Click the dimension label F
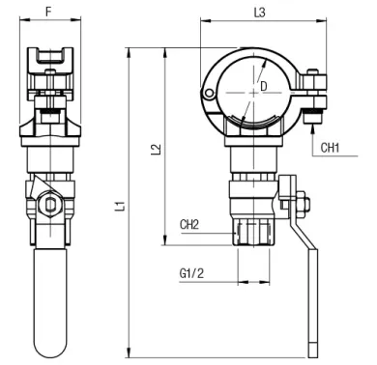pyautogui.click(x=48, y=12)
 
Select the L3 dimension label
pyautogui.click(x=259, y=13)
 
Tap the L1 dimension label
pyautogui.click(x=120, y=206)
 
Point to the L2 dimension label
pyautogui.click(x=156, y=150)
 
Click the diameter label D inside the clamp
pyautogui.click(x=264, y=86)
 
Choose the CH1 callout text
pyautogui.click(x=330, y=148)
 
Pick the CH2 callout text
pyautogui.click(x=189, y=224)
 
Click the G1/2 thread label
pyautogui.click(x=191, y=273)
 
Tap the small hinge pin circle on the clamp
pyautogui.click(x=209, y=94)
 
